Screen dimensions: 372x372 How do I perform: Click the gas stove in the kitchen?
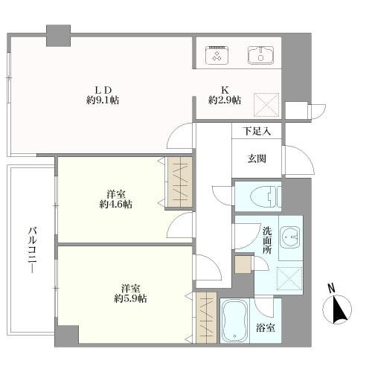pyautogui.click(x=217, y=55)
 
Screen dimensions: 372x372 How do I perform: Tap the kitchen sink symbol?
pyautogui.click(x=260, y=55)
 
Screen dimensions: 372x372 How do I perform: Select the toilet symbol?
pyautogui.click(x=266, y=196)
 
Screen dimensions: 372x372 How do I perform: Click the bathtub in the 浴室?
pyautogui.click(x=234, y=320)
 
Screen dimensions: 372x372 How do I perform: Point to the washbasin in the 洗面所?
pyautogui.click(x=290, y=238)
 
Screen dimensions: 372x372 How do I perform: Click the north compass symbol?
pyautogui.click(x=337, y=307)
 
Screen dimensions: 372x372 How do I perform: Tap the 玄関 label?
pyautogui.click(x=257, y=158)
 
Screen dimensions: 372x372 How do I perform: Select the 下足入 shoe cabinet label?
pyautogui.click(x=257, y=131)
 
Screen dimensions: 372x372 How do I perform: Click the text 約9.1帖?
pyautogui.click(x=103, y=100)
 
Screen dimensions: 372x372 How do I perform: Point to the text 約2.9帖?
pyautogui.click(x=225, y=100)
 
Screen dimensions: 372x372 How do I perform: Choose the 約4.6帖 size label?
pyautogui.click(x=116, y=205)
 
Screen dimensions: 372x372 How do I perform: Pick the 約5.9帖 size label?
pyautogui.click(x=130, y=298)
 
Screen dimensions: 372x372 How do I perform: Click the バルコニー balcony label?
pyautogui.click(x=33, y=250)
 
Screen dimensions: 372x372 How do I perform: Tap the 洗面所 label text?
pyautogui.click(x=267, y=240)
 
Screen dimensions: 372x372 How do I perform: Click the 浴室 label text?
pyautogui.click(x=265, y=328)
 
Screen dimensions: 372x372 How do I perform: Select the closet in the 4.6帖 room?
pyautogui.click(x=180, y=182)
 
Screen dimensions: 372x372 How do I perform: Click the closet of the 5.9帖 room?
pyautogui.click(x=206, y=318)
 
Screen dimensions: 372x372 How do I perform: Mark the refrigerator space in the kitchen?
pyautogui.click(x=266, y=105)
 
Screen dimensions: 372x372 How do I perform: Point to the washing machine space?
pyautogui.click(x=289, y=278)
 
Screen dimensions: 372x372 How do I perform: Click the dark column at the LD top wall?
pyautogui.click(x=59, y=36)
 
